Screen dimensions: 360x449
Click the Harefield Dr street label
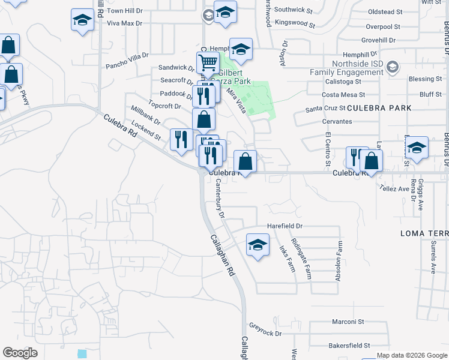285,226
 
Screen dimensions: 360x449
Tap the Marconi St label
349,322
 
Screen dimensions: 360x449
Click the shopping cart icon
208,62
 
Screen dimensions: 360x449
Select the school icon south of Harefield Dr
258,245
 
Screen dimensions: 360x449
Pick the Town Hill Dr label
125,11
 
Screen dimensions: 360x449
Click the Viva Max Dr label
124,23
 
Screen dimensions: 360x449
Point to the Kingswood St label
295,23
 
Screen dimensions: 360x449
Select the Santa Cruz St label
325,109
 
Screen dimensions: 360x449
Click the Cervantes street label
337,121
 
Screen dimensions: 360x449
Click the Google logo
20,353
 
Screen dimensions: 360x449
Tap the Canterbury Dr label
220,198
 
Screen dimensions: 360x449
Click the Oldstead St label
385,12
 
